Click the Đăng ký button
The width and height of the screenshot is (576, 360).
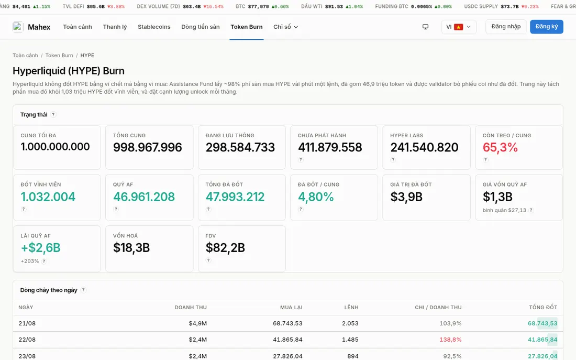tap(546, 27)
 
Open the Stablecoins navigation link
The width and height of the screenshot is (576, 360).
tap(154, 27)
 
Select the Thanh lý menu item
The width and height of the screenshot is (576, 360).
tap(115, 27)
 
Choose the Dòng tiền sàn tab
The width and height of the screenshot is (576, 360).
tap(200, 27)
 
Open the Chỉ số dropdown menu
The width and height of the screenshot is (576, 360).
tap(285, 27)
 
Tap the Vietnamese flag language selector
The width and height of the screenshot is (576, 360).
tap(459, 27)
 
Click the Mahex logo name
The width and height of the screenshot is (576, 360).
tap(39, 27)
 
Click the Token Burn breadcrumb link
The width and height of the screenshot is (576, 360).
tap(59, 55)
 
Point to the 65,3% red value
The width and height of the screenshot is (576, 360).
tap(500, 147)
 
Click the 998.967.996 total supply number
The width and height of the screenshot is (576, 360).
tap(147, 147)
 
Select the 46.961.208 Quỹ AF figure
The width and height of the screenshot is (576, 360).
tap(143, 197)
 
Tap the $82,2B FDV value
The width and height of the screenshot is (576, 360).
tap(225, 248)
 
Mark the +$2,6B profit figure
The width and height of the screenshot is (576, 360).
tap(40, 248)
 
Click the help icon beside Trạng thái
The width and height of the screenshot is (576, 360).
tap(53, 114)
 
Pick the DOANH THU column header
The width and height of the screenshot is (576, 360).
tap(191, 307)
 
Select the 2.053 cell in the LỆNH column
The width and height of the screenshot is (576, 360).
tap(350, 323)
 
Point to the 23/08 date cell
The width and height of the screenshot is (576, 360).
tap(27, 356)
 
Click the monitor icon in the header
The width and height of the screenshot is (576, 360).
tap(425, 27)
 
